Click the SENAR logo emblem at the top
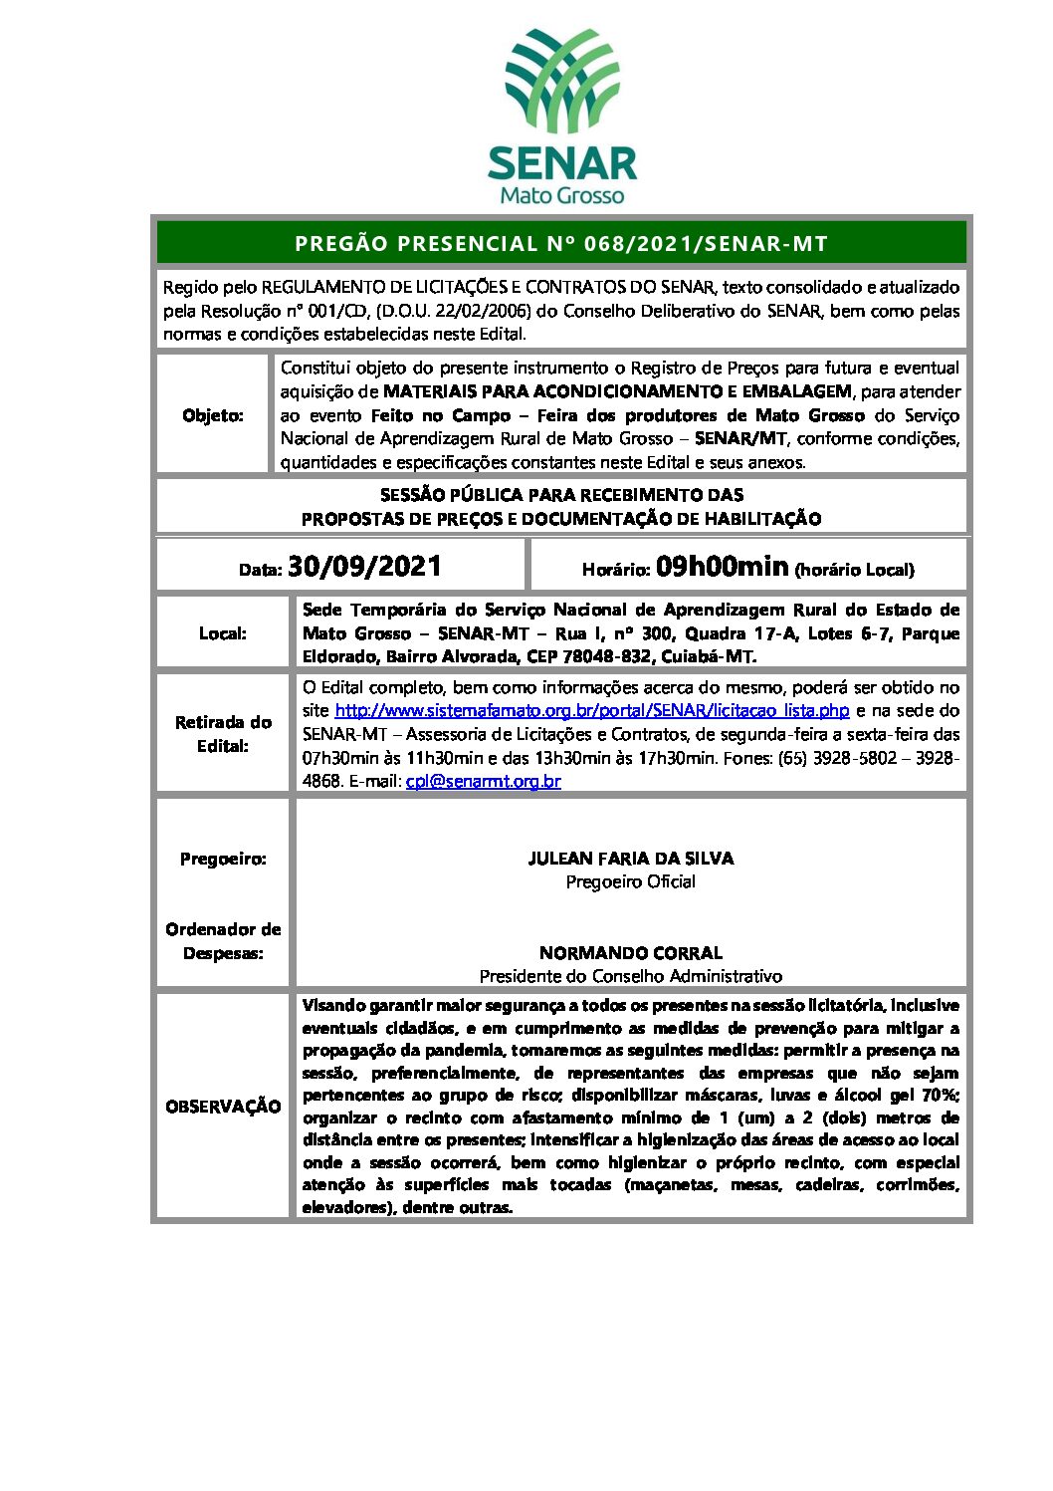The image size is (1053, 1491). click(x=561, y=82)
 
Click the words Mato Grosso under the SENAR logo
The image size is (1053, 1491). click(x=561, y=194)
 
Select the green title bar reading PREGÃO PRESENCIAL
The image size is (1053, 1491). click(x=561, y=243)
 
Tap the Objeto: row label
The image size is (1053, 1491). click(x=213, y=415)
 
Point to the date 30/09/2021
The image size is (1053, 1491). click(x=364, y=567)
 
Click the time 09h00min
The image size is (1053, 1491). click(x=723, y=567)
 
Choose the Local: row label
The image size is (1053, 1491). click(x=223, y=633)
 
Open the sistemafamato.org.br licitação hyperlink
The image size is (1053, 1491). click(x=592, y=711)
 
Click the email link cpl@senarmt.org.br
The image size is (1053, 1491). click(x=484, y=782)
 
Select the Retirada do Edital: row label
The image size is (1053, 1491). click(x=223, y=734)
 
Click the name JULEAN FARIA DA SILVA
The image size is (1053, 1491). click(x=631, y=859)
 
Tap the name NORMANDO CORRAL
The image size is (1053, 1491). click(x=631, y=953)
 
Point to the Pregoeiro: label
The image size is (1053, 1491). click(x=223, y=859)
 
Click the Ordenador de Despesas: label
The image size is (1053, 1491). click(x=223, y=941)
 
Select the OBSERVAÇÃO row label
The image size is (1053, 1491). click(x=223, y=1107)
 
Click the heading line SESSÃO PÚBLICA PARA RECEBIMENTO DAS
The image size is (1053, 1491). click(x=561, y=495)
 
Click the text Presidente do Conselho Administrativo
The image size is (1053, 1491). click(x=631, y=977)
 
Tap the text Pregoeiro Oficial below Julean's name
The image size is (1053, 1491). click(x=631, y=882)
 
